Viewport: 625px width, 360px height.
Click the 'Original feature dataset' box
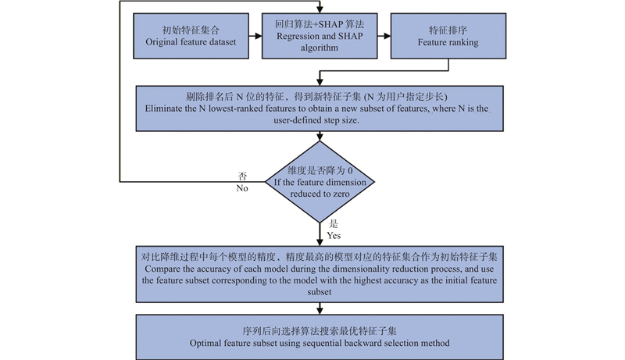(x=191, y=36)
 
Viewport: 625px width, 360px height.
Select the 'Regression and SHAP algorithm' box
(x=320, y=36)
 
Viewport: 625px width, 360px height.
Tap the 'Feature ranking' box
(x=448, y=36)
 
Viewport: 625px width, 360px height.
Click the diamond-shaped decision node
(x=320, y=182)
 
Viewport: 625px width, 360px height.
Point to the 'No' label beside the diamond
(x=242, y=188)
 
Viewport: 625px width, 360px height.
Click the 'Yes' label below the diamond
(x=334, y=235)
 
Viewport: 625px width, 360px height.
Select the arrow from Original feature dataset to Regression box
(x=255, y=36)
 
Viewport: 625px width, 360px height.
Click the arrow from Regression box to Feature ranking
(x=384, y=36)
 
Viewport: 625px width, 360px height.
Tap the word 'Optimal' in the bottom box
(x=205, y=343)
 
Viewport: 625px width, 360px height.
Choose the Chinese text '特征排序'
(x=448, y=30)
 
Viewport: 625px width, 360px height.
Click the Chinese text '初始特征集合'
(x=191, y=30)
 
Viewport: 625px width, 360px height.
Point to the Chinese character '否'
(x=242, y=176)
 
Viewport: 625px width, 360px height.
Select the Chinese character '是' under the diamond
(x=334, y=223)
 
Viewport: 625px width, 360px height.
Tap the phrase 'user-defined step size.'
(x=316, y=119)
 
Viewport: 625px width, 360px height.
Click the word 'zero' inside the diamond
(x=341, y=194)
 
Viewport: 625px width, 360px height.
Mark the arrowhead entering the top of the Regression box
(x=320, y=9)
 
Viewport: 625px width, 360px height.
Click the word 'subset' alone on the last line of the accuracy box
(x=320, y=292)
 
